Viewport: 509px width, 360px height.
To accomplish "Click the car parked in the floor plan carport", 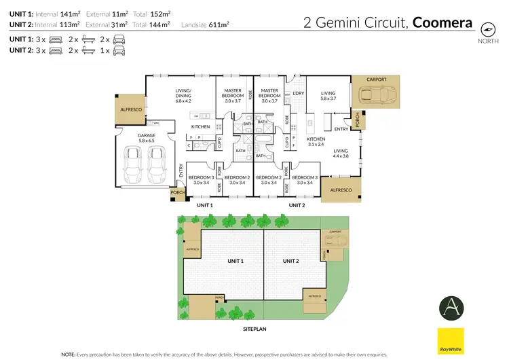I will (376, 94).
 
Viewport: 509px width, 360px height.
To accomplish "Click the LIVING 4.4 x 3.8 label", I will (340, 154).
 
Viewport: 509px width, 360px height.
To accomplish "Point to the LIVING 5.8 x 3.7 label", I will (328, 96).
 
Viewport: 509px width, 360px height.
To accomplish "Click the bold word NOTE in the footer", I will (69, 354).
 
